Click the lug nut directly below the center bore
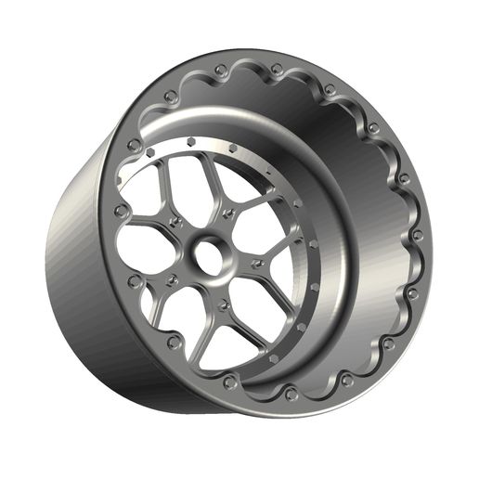coord(223,302)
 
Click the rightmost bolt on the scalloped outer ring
coord(416,235)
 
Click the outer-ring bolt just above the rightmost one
coord(404,177)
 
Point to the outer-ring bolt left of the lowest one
coord(228,380)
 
